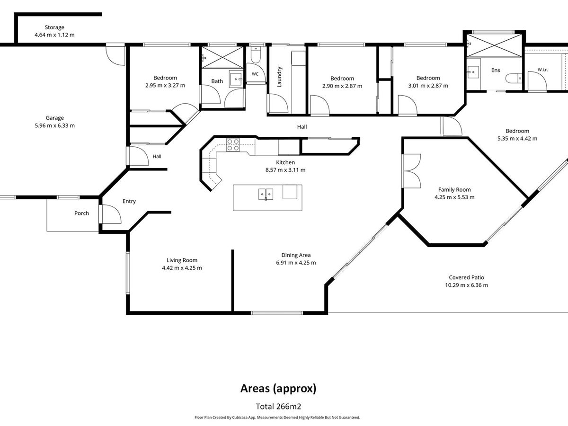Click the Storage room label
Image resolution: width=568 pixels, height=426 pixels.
[54, 27]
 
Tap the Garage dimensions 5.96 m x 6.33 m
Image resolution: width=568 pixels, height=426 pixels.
[54, 125]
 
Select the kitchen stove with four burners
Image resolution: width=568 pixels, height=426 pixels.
[233, 145]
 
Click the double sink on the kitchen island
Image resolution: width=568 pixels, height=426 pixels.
[266, 194]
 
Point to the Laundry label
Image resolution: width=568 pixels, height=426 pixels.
[279, 77]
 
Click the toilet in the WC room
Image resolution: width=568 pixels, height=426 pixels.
[256, 55]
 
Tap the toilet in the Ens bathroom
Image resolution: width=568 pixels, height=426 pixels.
[514, 78]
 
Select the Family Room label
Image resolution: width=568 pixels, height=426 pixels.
[454, 190]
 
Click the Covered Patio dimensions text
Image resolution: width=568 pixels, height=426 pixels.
[467, 285]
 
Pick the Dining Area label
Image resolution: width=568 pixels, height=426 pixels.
[296, 255]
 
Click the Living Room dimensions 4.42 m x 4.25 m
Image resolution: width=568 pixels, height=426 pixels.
[182, 268]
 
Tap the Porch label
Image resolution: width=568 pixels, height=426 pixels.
[81, 213]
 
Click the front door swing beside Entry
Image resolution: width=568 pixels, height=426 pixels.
[112, 214]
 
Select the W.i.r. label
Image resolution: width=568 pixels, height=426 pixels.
[542, 70]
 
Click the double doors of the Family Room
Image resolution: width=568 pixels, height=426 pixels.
[411, 171]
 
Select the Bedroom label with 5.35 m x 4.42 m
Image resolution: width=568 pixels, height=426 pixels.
[517, 131]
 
